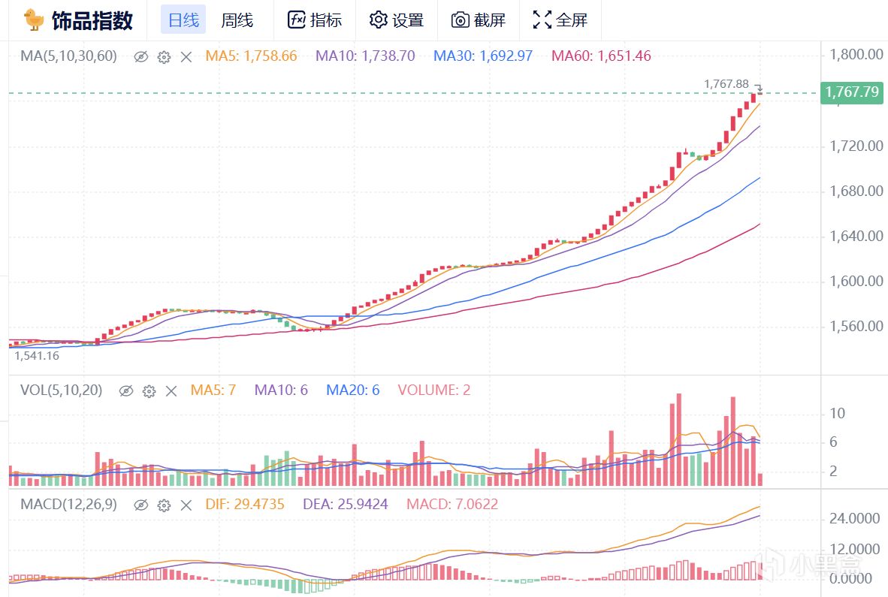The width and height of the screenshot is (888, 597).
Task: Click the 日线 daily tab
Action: [x=183, y=20]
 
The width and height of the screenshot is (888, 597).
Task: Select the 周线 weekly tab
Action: [x=237, y=20]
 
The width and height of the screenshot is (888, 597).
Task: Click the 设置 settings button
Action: [x=397, y=20]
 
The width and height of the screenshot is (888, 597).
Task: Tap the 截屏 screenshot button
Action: [x=479, y=20]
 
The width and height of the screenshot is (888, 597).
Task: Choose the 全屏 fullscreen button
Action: [x=560, y=20]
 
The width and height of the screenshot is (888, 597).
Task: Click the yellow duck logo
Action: [x=33, y=20]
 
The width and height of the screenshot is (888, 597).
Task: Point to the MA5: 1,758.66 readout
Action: [x=251, y=56]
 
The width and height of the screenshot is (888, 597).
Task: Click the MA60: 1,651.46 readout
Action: [x=601, y=56]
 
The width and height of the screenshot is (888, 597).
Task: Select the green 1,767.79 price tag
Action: [x=852, y=92]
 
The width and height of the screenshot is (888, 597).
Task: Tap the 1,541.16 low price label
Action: [x=37, y=356]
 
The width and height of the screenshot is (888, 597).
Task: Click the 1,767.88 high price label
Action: [x=726, y=84]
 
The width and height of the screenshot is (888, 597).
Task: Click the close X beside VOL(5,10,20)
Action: [x=171, y=390]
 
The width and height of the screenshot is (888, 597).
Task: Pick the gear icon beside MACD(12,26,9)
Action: [x=164, y=505]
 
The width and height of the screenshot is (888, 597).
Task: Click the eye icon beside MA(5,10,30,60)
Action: [x=140, y=56]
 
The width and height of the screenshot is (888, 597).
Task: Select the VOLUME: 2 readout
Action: [x=433, y=390]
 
